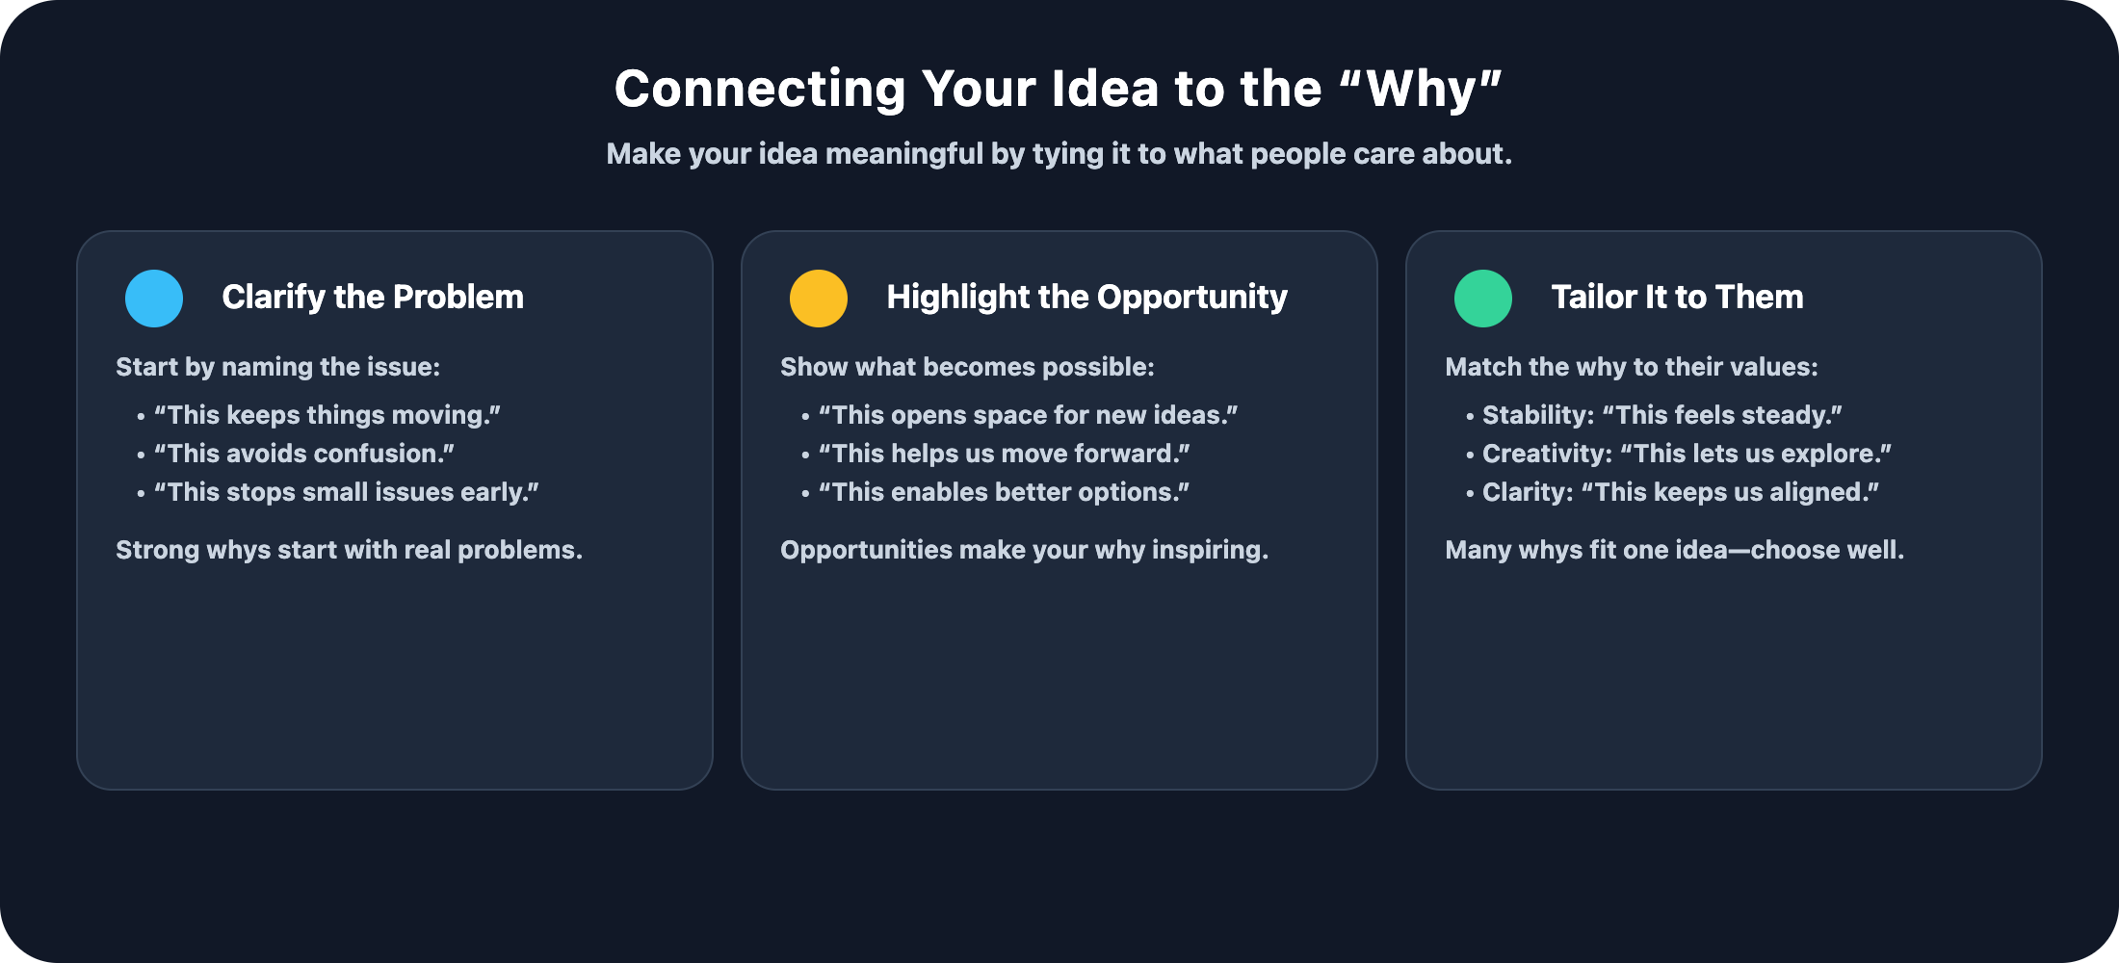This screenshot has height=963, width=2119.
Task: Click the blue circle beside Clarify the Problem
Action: (x=154, y=299)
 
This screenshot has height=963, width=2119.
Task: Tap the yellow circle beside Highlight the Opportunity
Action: (x=819, y=299)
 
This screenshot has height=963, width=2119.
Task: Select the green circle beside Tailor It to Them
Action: (x=1483, y=299)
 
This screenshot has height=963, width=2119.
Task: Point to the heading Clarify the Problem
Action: (x=373, y=298)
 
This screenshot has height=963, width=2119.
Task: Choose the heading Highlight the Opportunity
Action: (x=1086, y=298)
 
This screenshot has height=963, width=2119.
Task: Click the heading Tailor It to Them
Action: (x=1677, y=298)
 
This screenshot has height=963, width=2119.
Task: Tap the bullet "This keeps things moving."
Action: (x=327, y=415)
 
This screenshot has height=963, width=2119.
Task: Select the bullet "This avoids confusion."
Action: (x=304, y=454)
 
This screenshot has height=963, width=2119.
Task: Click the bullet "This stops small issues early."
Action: (x=347, y=492)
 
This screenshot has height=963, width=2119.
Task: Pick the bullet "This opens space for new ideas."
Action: (x=1028, y=415)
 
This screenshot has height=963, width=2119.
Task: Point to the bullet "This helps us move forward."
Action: (x=1005, y=454)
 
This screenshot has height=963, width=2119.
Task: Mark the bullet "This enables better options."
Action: (x=1005, y=492)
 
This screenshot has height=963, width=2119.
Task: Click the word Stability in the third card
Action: (x=1537, y=415)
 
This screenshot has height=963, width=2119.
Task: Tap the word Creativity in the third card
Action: (x=1546, y=454)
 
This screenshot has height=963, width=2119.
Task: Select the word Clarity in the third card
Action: (x=1527, y=492)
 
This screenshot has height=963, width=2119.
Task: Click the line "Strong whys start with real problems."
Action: (x=349, y=550)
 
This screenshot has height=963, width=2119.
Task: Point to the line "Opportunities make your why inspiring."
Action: (x=1024, y=550)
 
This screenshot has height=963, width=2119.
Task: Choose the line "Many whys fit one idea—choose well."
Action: (x=1674, y=550)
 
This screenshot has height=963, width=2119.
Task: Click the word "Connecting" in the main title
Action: (x=760, y=90)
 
